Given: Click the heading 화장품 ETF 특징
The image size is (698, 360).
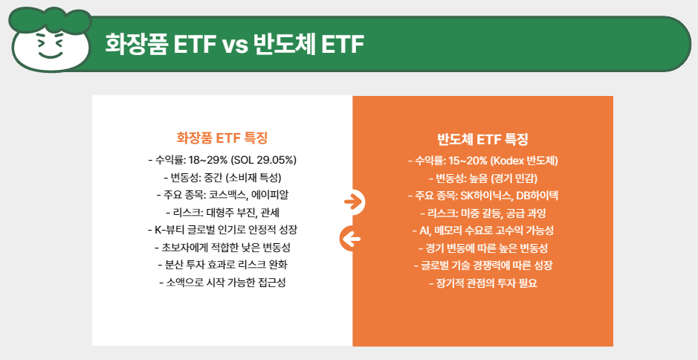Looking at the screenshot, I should click(222, 138).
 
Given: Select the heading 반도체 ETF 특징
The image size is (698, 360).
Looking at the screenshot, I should click(482, 138).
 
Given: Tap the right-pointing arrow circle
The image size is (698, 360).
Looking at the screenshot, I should click(353, 201).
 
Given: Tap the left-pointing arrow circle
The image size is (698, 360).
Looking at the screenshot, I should click(350, 238).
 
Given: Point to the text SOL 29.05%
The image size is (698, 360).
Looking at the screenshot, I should click(264, 160).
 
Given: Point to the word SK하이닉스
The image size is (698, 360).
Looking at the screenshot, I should click(487, 196).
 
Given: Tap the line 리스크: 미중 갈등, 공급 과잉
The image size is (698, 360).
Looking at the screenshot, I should click(482, 213).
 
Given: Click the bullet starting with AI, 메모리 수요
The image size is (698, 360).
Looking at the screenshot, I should click(482, 230).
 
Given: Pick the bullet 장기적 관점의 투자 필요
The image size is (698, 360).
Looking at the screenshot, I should click(482, 283).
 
